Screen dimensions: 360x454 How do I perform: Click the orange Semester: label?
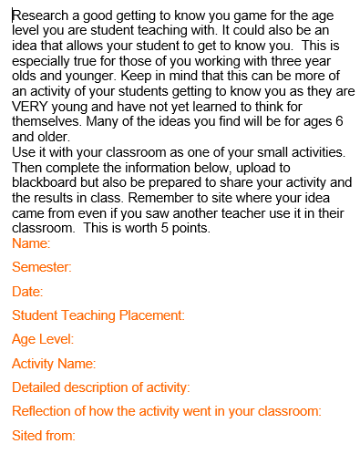(x=42, y=267)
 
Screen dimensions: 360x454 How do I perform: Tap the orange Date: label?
(x=27, y=292)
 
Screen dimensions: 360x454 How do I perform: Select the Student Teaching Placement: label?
(x=98, y=315)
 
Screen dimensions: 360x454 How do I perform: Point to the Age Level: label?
(x=43, y=339)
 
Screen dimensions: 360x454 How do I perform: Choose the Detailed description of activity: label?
(x=101, y=387)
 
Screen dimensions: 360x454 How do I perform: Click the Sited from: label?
(x=44, y=436)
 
